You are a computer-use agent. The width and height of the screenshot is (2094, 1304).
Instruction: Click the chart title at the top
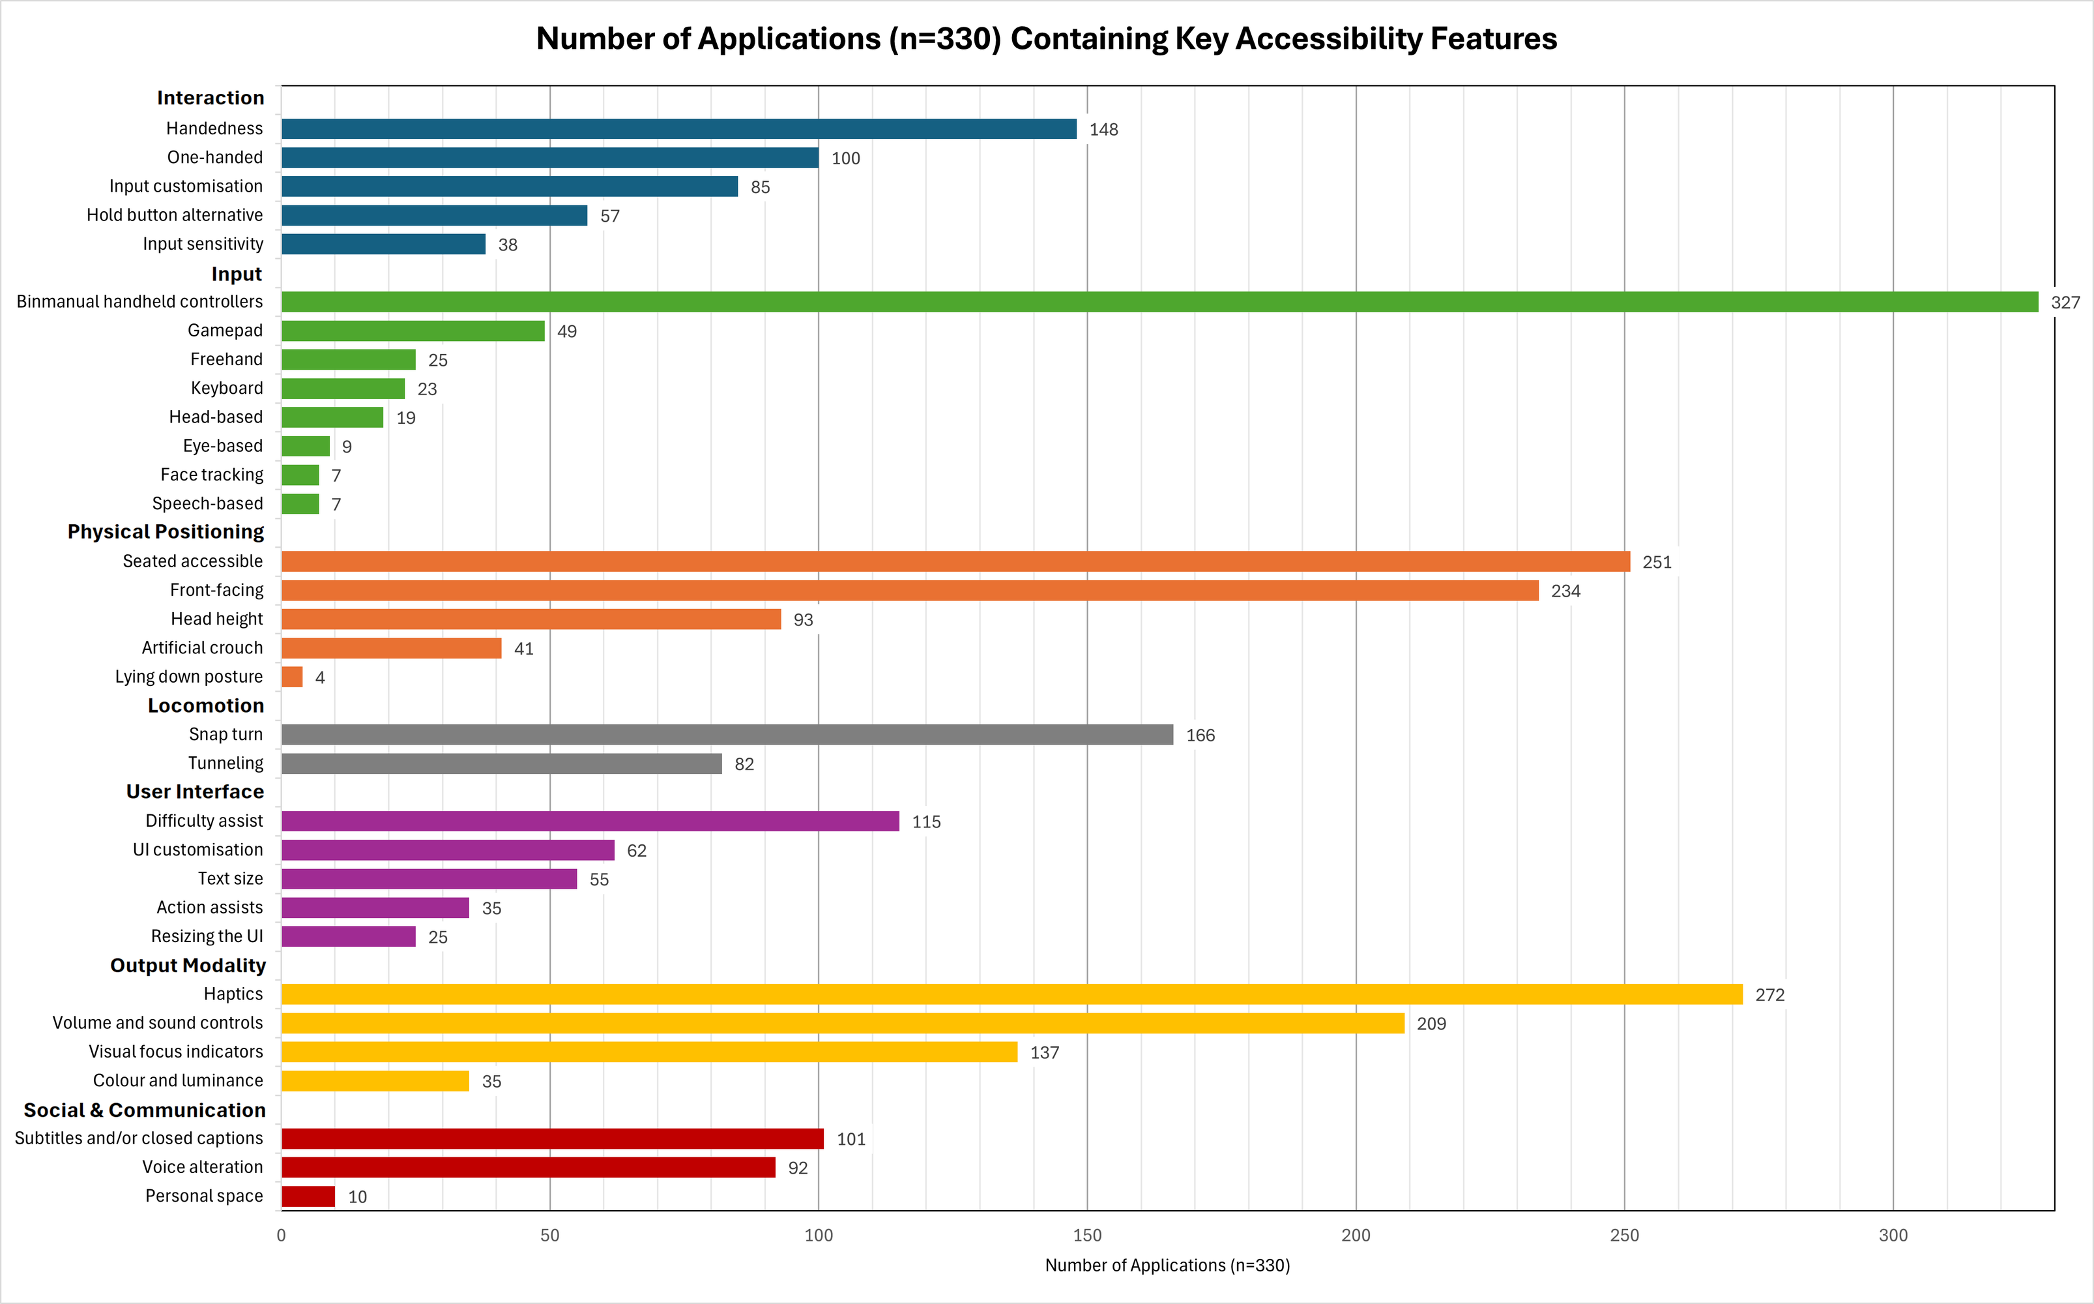(x=1046, y=39)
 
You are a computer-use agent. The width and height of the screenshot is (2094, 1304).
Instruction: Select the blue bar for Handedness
(x=678, y=128)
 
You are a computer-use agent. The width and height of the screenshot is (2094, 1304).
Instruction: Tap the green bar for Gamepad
(x=413, y=331)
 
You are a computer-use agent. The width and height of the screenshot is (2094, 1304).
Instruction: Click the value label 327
(x=2065, y=303)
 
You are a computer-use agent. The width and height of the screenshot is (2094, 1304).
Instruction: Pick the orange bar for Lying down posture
(x=292, y=677)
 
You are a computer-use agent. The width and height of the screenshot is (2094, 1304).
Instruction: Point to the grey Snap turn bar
(x=727, y=735)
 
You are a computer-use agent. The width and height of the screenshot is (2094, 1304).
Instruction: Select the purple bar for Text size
(x=428, y=879)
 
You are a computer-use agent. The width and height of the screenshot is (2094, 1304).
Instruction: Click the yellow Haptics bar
(x=1011, y=994)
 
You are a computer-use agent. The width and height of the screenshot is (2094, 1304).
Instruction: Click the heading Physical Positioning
(x=166, y=532)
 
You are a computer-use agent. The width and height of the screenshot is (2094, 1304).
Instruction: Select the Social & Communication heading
(x=144, y=1110)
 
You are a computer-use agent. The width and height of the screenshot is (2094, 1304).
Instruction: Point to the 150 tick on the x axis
(x=1087, y=1235)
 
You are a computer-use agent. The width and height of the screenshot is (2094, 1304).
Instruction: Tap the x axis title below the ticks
(x=1167, y=1265)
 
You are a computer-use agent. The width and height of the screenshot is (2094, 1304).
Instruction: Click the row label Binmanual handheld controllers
(x=139, y=302)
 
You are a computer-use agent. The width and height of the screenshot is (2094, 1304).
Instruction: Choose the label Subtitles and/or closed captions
(x=139, y=1138)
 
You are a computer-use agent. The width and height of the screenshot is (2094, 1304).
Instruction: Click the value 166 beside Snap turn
(x=1200, y=735)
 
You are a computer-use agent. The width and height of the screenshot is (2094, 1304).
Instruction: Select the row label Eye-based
(x=222, y=446)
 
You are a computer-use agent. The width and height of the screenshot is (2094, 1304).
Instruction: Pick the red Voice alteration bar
(x=528, y=1168)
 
